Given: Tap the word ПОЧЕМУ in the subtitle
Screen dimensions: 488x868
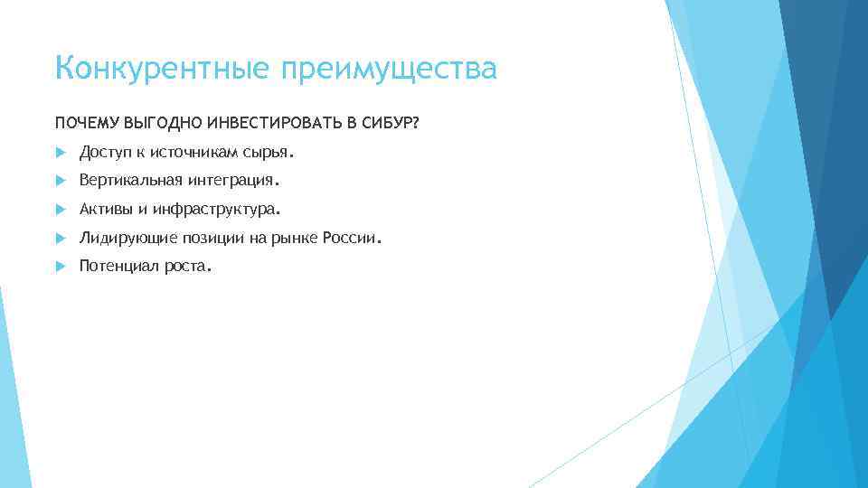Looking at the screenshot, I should [85, 123].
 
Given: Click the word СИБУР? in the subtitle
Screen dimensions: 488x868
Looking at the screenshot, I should [386, 123].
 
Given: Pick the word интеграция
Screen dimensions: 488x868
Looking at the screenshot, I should [237, 182].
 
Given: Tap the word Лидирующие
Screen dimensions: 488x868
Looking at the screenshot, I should [123, 239].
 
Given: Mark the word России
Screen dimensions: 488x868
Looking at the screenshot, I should [354, 239].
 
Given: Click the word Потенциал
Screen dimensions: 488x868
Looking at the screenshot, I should [119, 267].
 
